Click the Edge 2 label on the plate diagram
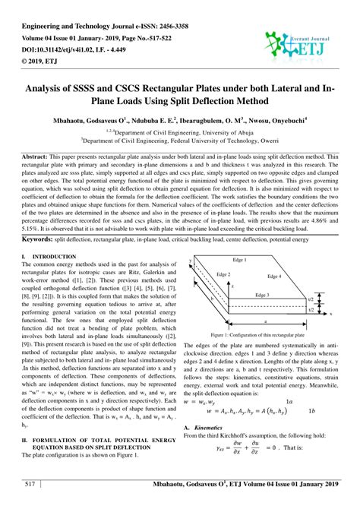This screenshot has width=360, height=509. coord(223,273)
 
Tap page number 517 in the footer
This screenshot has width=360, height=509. coord(32,483)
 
